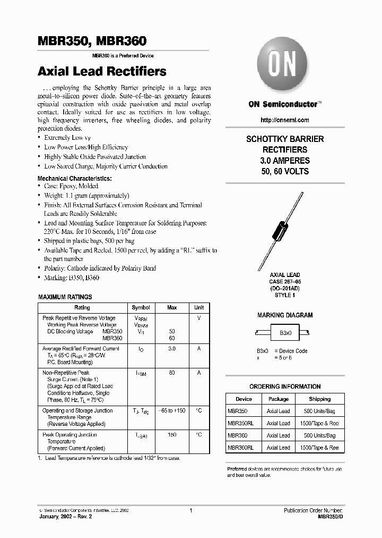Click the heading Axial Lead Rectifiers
pyautogui.click(x=102, y=71)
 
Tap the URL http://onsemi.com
pyautogui.click(x=285, y=121)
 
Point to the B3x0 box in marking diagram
pyautogui.click(x=285, y=333)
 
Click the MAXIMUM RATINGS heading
pyautogui.click(x=65, y=297)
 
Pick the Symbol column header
pyautogui.click(x=141, y=308)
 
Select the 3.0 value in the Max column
pyautogui.click(x=171, y=349)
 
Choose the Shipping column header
pyautogui.click(x=319, y=399)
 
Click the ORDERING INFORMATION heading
pyautogui.click(x=285, y=386)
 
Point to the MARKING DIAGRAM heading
pyautogui.click(x=285, y=315)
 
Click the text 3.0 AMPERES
pyautogui.click(x=285, y=161)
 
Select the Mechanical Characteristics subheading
pyautogui.click(x=74, y=179)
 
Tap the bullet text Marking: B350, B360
pyautogui.click(x=72, y=278)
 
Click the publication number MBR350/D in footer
pyautogui.click(x=328, y=516)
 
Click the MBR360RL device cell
pyautogui.click(x=240, y=448)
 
